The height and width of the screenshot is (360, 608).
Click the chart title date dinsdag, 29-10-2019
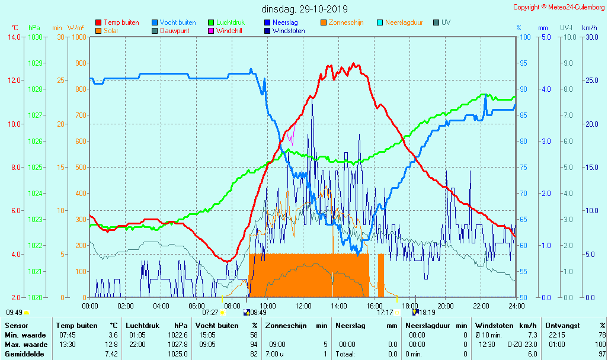click(x=305, y=9)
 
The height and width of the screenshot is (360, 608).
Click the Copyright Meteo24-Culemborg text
click(x=559, y=7)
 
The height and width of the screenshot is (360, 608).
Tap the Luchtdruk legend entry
click(x=230, y=22)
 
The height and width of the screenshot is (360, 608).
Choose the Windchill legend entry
click(x=228, y=31)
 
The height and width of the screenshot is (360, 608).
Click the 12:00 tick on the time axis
click(x=303, y=306)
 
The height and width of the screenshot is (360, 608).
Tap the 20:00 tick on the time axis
click(x=446, y=306)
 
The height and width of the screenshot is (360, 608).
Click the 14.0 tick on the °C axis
click(x=14, y=37)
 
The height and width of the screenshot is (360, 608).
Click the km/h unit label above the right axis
click(x=589, y=28)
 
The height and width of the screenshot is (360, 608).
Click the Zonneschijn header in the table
click(x=288, y=326)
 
